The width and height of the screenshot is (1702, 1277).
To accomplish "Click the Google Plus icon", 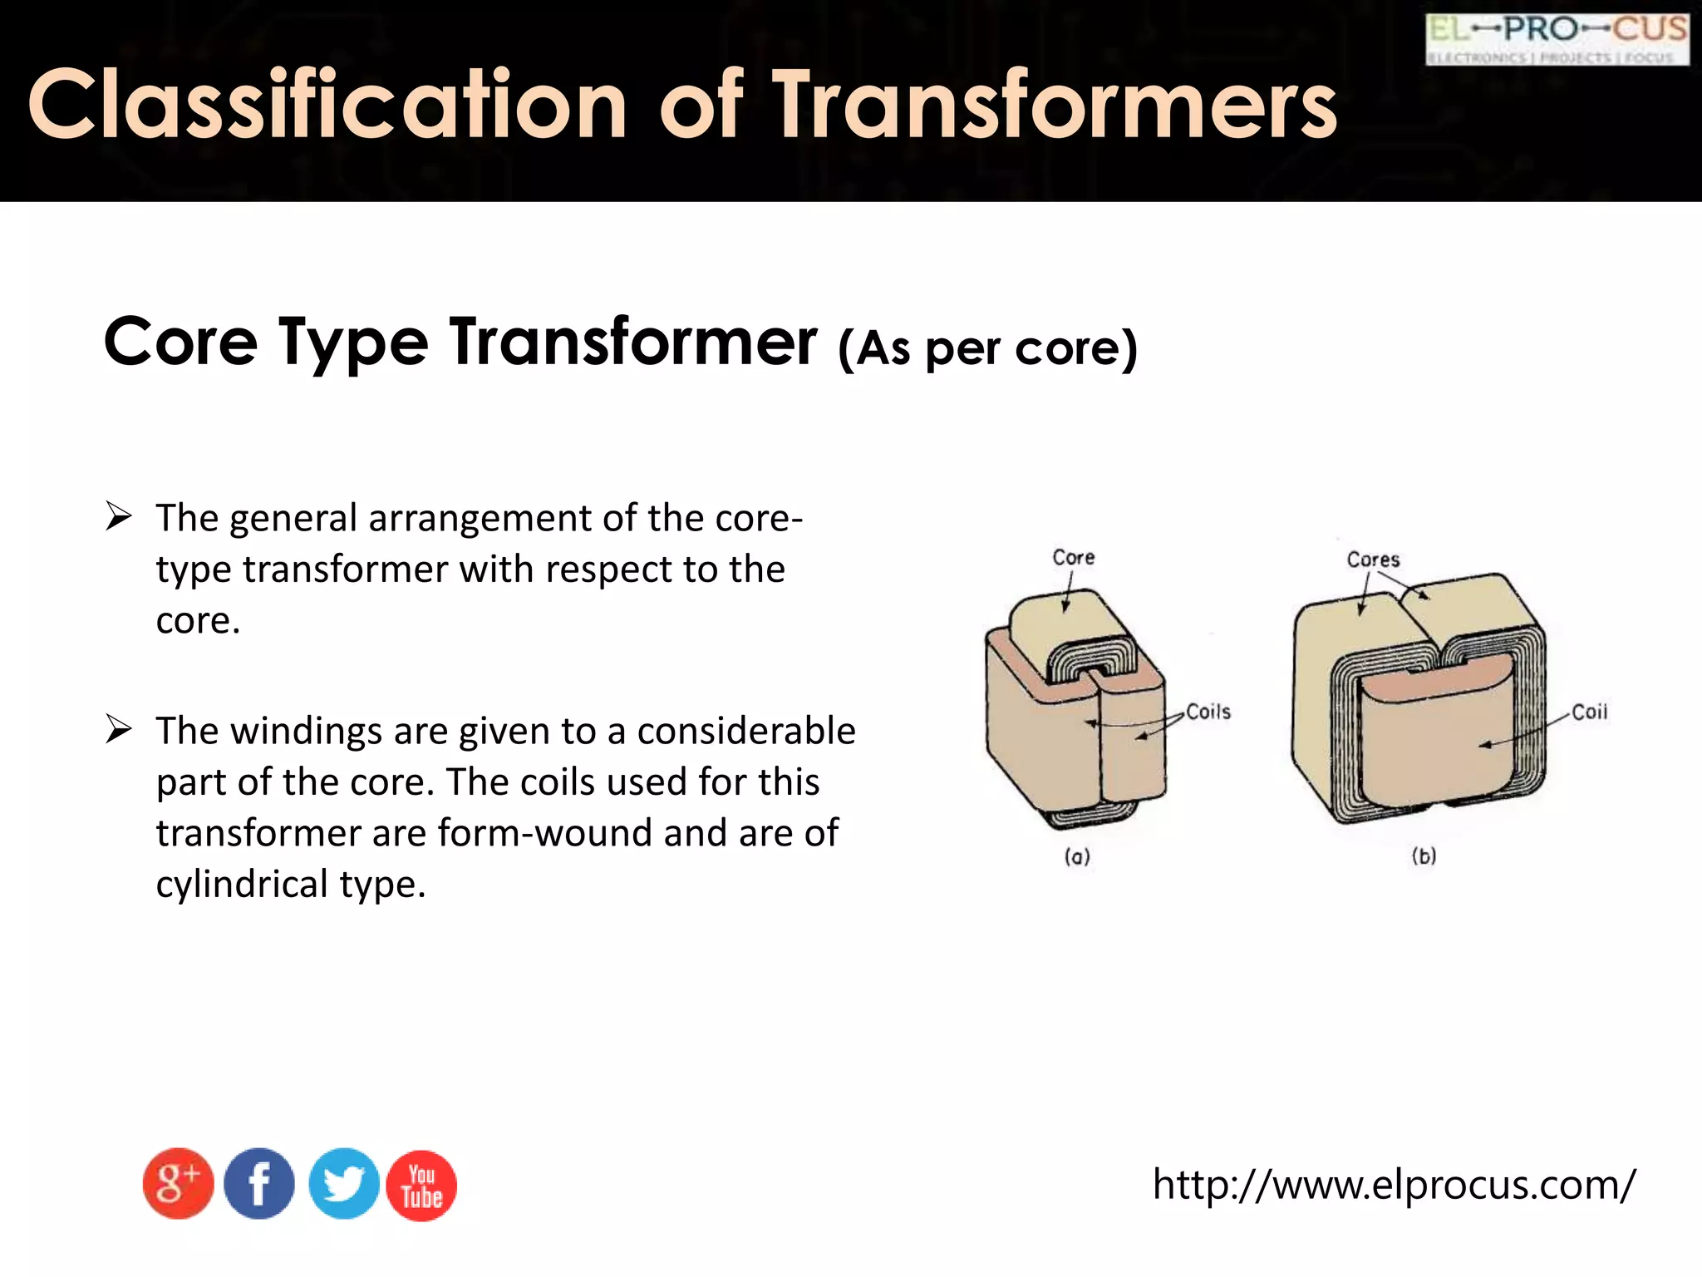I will (x=178, y=1184).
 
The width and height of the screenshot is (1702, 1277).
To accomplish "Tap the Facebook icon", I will (x=259, y=1184).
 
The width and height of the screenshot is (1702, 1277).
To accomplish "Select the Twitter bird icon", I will (x=343, y=1184).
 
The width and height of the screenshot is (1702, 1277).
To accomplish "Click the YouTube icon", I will (x=421, y=1186).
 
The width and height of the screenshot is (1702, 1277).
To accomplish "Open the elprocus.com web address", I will (x=1394, y=1184).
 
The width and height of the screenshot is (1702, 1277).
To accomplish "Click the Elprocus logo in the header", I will (x=1557, y=39).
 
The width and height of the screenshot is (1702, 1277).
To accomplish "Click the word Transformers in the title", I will (x=1055, y=105).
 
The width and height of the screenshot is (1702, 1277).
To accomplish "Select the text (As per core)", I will (x=987, y=348).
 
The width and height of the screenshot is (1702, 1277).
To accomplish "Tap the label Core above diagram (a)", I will (x=1073, y=557).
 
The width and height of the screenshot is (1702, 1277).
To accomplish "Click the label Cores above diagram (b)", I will (x=1373, y=560).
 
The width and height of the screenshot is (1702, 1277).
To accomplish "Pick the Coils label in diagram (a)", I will (x=1208, y=712).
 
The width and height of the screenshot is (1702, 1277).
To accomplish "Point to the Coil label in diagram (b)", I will (x=1589, y=712).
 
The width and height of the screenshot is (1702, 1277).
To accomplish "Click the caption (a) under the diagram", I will (x=1077, y=856).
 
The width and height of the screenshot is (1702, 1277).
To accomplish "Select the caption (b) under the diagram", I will (x=1424, y=855).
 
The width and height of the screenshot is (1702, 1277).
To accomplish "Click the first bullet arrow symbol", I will (x=119, y=517).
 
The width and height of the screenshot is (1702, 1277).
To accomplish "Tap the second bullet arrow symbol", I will (x=119, y=730).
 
